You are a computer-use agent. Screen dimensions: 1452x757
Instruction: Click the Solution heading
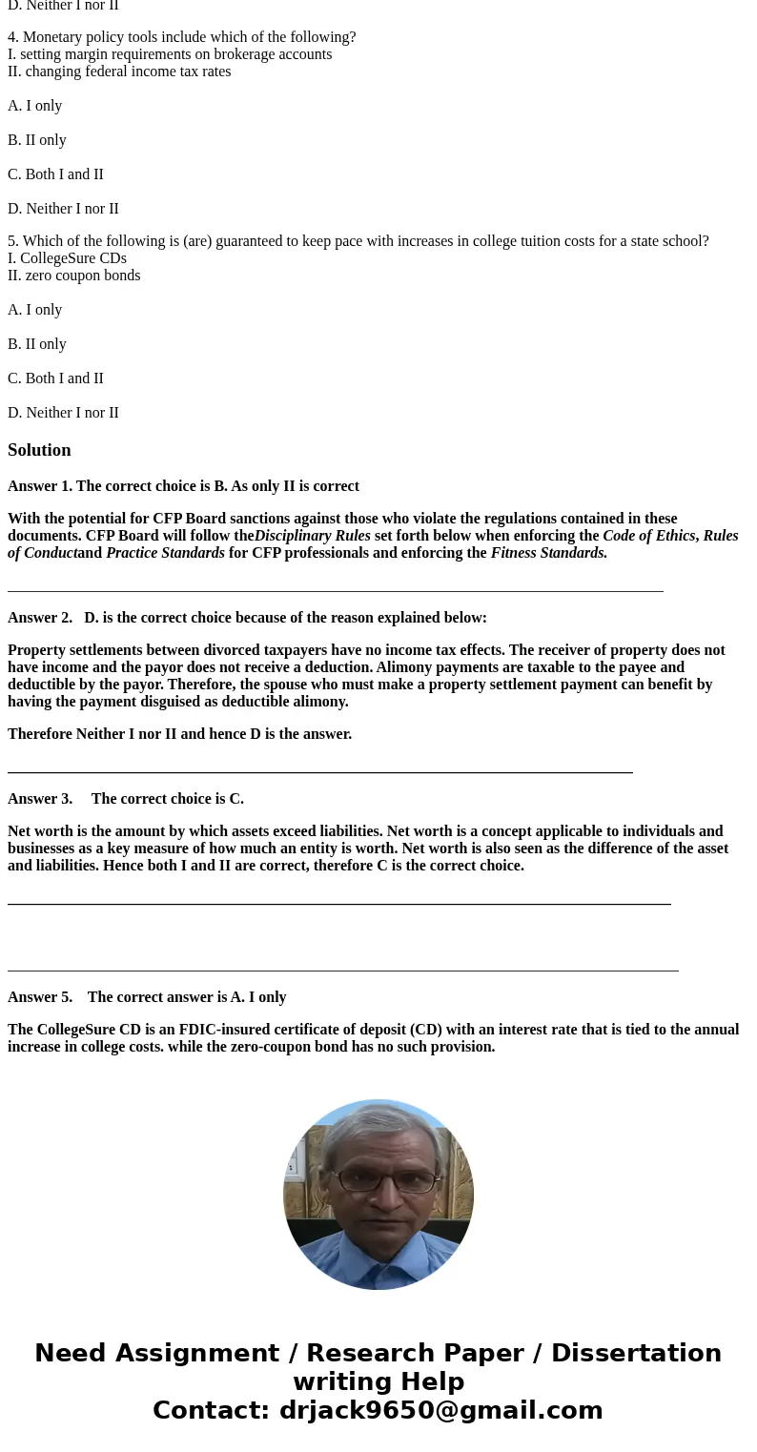(39, 450)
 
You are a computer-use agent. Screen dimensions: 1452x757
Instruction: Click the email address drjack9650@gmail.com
(440, 1410)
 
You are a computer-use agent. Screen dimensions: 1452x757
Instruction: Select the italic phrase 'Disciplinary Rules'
(312, 536)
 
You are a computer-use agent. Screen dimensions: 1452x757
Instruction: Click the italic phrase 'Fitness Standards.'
(548, 553)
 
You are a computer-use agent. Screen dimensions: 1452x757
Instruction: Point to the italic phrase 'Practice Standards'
(165, 553)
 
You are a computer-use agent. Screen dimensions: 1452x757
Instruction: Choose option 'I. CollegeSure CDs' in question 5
(67, 258)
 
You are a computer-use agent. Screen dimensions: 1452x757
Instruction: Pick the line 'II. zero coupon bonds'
(73, 276)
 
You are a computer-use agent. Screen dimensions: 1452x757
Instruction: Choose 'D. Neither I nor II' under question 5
(63, 413)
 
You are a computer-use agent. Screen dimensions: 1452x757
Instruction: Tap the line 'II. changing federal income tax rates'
(119, 72)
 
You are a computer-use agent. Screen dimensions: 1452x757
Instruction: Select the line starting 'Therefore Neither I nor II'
(179, 734)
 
